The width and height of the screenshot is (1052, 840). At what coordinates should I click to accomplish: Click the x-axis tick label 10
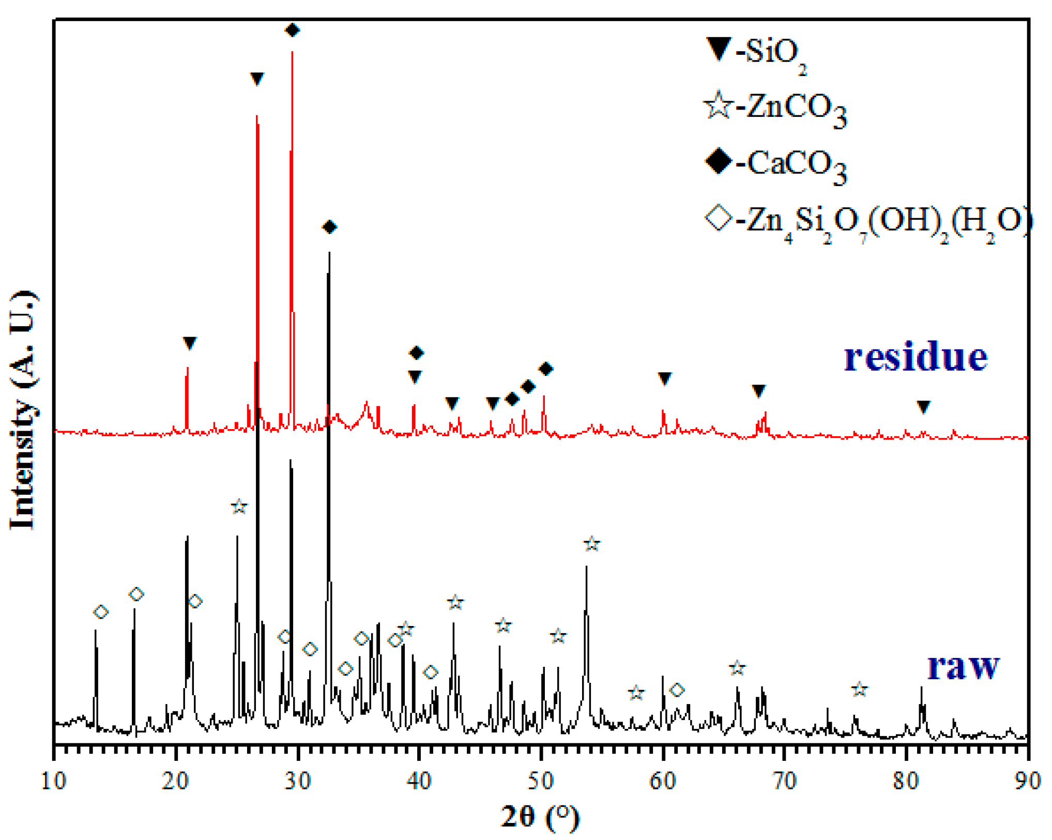coord(53,781)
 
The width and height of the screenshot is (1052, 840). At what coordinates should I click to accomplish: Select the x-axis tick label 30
coord(298,781)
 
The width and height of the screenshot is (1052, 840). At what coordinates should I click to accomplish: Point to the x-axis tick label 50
coord(541,781)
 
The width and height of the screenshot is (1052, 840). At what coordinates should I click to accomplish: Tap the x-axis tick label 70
coord(785,781)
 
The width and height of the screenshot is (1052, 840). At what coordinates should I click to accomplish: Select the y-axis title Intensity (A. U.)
coord(23,411)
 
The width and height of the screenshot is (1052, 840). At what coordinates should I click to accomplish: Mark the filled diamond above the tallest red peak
coord(293,30)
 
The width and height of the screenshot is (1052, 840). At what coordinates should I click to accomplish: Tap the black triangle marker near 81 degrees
coord(924,407)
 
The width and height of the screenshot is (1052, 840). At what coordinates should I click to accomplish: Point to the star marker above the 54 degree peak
coord(592,544)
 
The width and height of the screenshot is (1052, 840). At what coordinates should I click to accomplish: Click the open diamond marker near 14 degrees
coord(101,612)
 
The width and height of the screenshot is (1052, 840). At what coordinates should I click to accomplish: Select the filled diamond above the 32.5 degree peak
coord(329,227)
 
